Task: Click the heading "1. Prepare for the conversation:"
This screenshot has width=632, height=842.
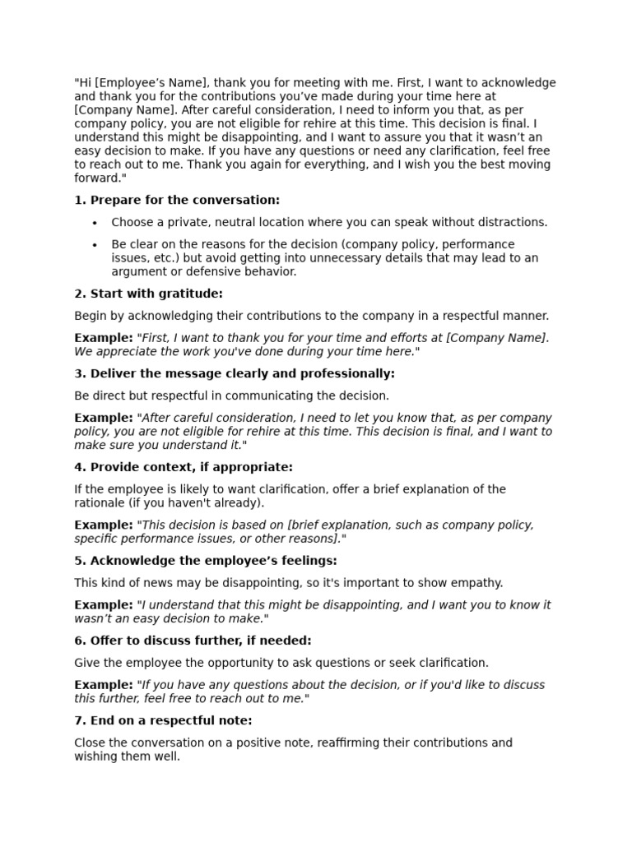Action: (x=177, y=201)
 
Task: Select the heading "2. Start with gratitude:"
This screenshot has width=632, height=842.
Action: (x=148, y=294)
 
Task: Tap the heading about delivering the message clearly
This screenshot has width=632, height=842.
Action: (x=235, y=374)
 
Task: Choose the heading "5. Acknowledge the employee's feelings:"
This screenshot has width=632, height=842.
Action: (x=206, y=561)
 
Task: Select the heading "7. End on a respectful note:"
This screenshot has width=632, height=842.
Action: (x=163, y=721)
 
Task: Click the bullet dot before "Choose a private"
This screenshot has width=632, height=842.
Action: (x=95, y=223)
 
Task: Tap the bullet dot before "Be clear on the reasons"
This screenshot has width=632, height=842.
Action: (x=95, y=245)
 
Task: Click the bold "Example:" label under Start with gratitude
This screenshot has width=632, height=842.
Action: (x=104, y=338)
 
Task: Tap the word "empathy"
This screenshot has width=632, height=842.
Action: (x=478, y=583)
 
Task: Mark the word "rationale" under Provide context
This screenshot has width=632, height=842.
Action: (x=100, y=503)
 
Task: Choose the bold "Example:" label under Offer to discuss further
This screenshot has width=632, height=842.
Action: (x=104, y=685)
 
